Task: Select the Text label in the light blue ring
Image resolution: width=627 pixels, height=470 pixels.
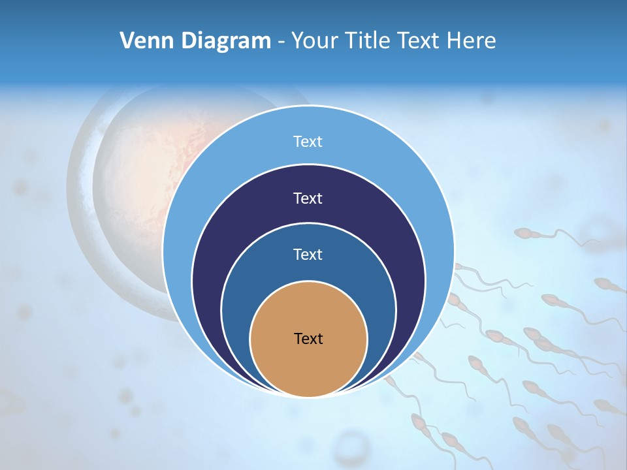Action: [308, 142]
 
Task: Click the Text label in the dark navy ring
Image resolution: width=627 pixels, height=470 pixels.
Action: [308, 198]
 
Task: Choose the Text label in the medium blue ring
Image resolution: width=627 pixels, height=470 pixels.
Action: [308, 254]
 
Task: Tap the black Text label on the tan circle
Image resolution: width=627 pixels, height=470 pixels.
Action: [308, 339]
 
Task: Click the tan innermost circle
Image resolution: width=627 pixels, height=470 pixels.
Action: [308, 366]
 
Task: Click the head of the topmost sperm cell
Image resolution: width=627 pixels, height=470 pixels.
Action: [523, 233]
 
